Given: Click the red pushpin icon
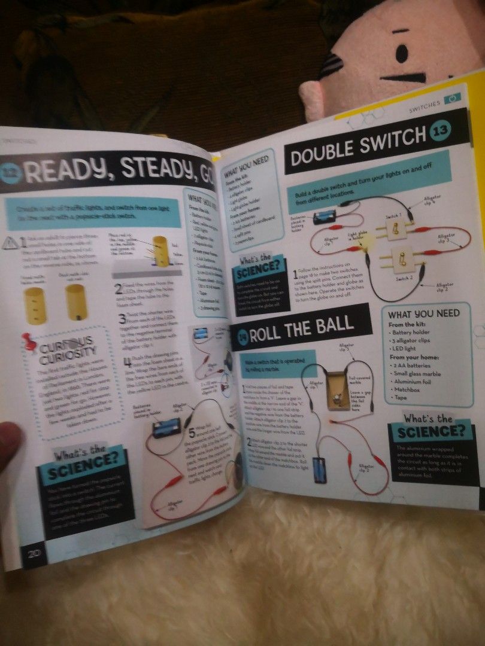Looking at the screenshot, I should [x=29, y=342].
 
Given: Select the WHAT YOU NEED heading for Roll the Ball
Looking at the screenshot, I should [x=423, y=313].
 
